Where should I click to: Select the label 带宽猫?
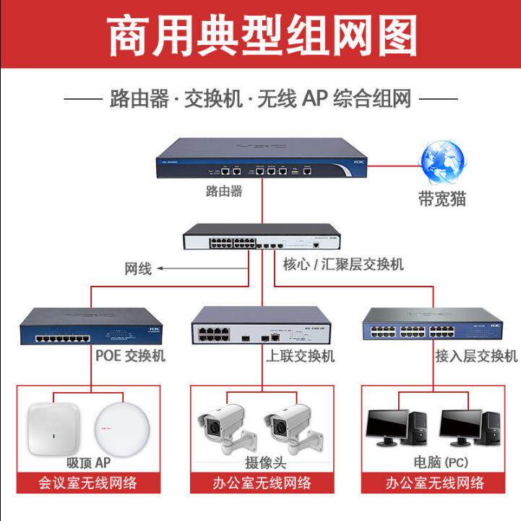[x=442, y=199]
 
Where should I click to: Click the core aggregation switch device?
[x=262, y=237]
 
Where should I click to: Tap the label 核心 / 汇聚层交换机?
[x=343, y=264]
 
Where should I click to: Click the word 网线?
[x=138, y=269]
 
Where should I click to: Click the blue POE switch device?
[x=90, y=327]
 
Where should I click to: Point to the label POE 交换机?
[x=130, y=356]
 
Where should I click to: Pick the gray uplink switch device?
[x=262, y=326]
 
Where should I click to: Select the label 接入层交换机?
[x=476, y=356]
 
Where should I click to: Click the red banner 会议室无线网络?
[x=88, y=483]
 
